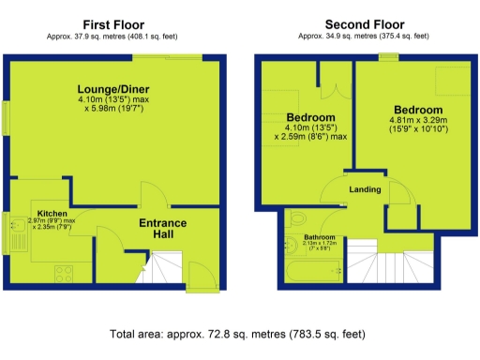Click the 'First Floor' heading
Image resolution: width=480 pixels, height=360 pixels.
coord(113,24)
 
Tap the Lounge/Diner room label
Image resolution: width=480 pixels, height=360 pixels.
coord(113,90)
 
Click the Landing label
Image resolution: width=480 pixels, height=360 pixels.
coord(365,189)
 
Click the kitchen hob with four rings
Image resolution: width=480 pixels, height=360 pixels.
coord(65,276)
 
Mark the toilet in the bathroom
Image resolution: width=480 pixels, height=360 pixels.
coord(296,219)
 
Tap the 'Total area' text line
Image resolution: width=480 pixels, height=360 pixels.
coord(240,333)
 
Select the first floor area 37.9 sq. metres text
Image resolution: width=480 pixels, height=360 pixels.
coord(113,37)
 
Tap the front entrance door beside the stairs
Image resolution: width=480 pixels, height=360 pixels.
coord(199,277)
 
